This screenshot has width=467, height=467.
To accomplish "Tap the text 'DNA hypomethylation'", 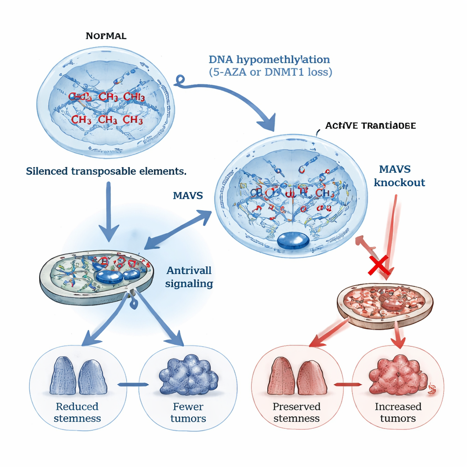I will [x=269, y=60].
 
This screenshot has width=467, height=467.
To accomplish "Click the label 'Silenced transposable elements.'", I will [x=106, y=171].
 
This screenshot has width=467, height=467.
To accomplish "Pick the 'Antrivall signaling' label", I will [x=189, y=277].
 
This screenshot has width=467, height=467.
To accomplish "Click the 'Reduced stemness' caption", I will [x=77, y=412].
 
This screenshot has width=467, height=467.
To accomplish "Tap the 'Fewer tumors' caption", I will [x=188, y=412].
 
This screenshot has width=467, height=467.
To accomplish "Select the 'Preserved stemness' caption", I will [x=296, y=412].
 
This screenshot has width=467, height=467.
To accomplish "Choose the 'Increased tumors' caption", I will [x=398, y=412].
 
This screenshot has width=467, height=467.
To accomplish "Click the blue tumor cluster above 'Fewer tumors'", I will [x=188, y=376].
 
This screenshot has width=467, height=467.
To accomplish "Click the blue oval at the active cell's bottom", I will [x=293, y=241].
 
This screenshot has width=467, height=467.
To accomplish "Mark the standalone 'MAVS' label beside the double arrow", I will [x=188, y=196].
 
